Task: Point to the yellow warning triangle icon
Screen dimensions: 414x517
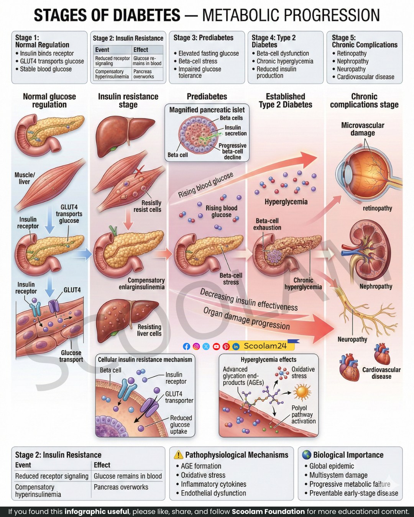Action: point(178,455)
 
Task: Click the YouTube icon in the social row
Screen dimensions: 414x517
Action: point(216,346)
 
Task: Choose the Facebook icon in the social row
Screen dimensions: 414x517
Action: point(186,346)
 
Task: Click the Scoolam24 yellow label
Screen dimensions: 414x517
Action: point(263,346)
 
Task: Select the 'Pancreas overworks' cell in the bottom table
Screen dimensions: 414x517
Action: point(121,487)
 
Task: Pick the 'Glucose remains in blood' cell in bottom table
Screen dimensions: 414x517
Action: point(128,476)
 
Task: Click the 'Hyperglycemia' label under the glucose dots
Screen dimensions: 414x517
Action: point(286,201)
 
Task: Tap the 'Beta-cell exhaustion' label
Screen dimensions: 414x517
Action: point(267,224)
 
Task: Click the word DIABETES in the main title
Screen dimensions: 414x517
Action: point(146,15)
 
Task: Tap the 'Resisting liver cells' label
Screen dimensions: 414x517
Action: point(149,330)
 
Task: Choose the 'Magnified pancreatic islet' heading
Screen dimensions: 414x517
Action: point(207,110)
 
